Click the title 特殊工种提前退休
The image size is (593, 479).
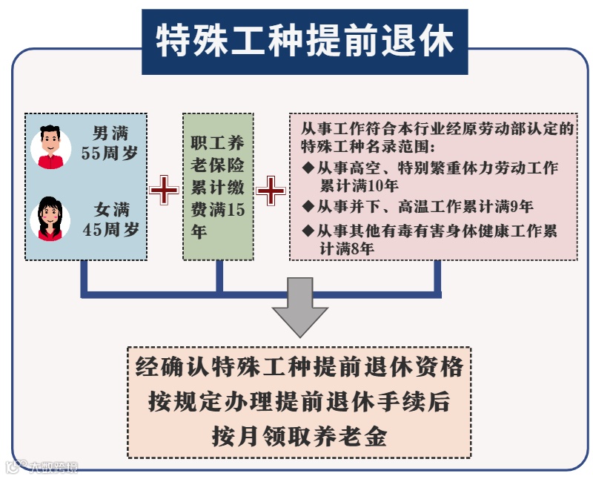click(x=305, y=42)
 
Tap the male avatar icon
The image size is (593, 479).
click(x=50, y=146)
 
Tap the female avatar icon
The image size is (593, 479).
click(x=50, y=218)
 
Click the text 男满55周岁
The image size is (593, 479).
click(x=110, y=144)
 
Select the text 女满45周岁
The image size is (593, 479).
click(x=110, y=219)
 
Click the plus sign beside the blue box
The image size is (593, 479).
click(x=164, y=191)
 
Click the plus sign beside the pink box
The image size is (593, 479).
click(x=271, y=191)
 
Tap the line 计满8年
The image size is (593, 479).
click(x=346, y=250)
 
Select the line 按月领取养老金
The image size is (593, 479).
click(x=299, y=435)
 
